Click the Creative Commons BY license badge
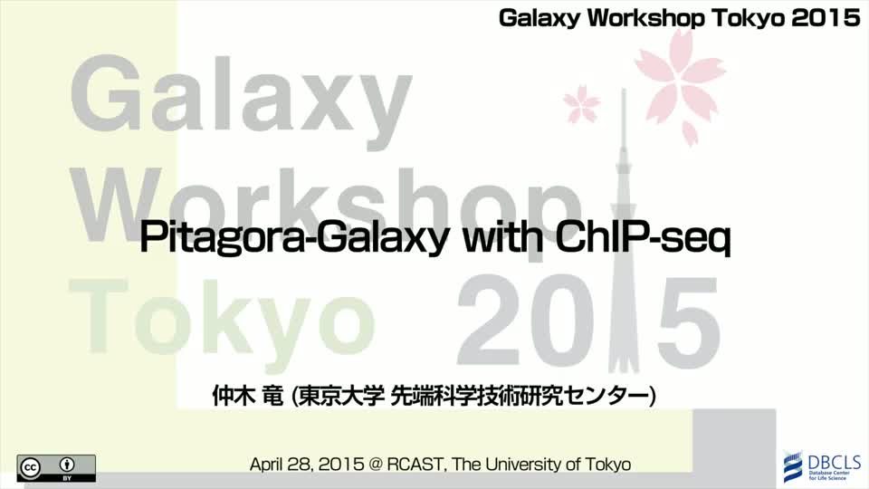click(x=56, y=468)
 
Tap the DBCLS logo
click(x=823, y=466)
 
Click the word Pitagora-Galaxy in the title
click(x=293, y=237)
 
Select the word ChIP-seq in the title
click(x=643, y=238)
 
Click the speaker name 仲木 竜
click(x=248, y=396)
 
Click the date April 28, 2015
click(x=307, y=464)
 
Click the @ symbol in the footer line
click(x=375, y=465)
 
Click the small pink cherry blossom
click(x=581, y=103)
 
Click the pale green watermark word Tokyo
click(x=222, y=319)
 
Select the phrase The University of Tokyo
click(x=541, y=464)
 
